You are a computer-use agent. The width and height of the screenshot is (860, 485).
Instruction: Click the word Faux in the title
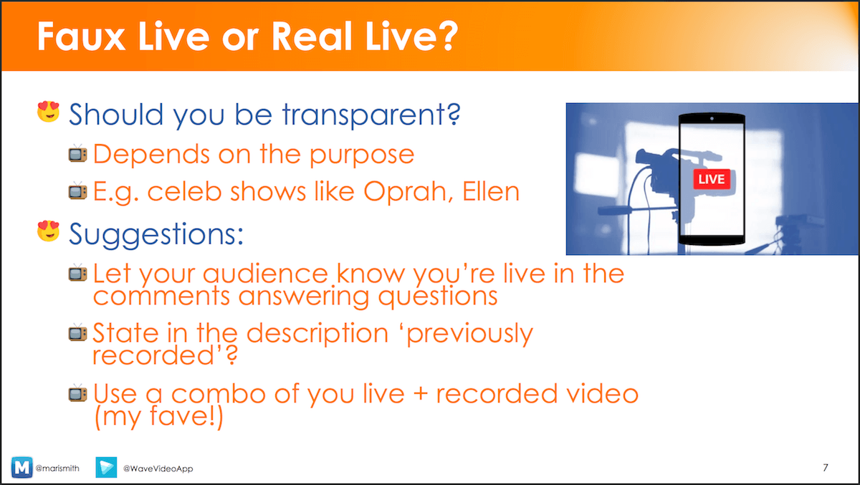[81, 36]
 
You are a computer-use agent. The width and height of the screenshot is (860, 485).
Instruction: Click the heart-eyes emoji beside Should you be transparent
[49, 111]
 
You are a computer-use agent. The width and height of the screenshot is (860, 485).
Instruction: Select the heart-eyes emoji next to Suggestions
[49, 231]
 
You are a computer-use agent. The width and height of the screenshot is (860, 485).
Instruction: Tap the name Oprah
[408, 192]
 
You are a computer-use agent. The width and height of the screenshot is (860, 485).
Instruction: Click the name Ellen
[491, 191]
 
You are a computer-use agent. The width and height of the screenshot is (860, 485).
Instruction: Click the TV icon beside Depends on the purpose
[78, 154]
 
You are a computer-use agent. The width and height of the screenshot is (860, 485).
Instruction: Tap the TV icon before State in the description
[78, 332]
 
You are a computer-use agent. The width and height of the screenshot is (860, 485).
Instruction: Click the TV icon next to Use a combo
[78, 393]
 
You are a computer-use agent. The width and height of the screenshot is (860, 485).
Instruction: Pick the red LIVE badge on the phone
[712, 179]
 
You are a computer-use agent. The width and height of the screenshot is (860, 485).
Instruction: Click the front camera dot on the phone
[712, 119]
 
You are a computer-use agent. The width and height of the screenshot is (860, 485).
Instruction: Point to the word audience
[265, 274]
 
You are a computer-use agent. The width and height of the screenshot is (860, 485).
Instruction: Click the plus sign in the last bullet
[421, 394]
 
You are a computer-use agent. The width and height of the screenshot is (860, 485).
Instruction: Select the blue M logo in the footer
[22, 467]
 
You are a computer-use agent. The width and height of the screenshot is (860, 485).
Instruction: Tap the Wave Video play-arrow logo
[106, 467]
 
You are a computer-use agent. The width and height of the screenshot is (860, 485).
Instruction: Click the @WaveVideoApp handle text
[158, 469]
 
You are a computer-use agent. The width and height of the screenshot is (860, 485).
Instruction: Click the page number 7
[826, 467]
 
